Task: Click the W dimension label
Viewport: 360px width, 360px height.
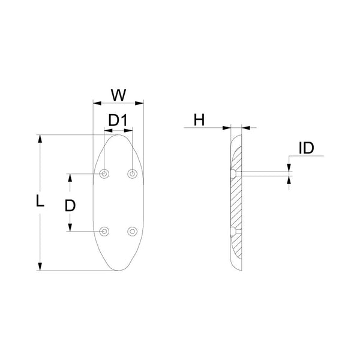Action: point(119,94)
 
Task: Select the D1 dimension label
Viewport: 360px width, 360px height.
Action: point(119,121)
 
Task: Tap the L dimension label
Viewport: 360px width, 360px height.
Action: point(40,201)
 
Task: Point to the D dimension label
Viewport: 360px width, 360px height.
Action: point(70,205)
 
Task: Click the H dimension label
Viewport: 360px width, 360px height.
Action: point(199,120)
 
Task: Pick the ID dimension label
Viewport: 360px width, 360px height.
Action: point(306,148)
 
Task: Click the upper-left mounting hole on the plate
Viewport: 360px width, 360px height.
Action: point(105,174)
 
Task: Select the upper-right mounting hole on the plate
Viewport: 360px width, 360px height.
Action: point(132,174)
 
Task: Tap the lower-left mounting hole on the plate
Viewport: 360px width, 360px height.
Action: point(105,231)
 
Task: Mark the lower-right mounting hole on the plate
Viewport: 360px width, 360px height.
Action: point(132,231)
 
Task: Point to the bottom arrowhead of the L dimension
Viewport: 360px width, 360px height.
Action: point(40,266)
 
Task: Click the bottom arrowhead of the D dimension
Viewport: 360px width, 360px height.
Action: point(70,227)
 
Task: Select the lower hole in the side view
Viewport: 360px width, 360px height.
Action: point(233,230)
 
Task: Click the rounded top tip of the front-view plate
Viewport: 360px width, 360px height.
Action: point(118,136)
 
